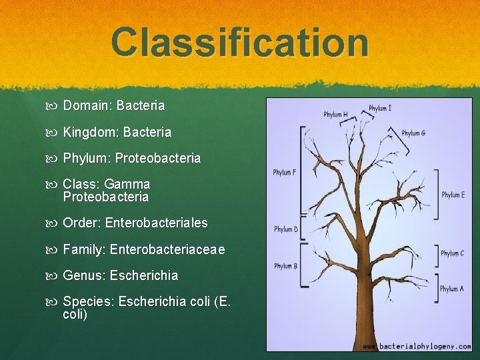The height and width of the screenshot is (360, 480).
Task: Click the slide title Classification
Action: click(239, 41)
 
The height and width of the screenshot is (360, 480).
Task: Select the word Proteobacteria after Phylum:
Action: click(158, 159)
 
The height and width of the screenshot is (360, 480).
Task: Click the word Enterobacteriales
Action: click(157, 223)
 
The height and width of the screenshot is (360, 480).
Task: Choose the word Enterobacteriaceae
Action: click(167, 249)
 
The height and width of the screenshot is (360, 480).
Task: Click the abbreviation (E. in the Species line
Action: click(221, 302)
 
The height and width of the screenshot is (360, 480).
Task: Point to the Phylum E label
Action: click(453, 195)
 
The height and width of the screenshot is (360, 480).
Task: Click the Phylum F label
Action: click(285, 173)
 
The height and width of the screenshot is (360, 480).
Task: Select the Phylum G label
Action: click(413, 133)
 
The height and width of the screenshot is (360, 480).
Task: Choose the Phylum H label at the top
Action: click(336, 115)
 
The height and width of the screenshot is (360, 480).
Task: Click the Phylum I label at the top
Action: click(380, 108)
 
